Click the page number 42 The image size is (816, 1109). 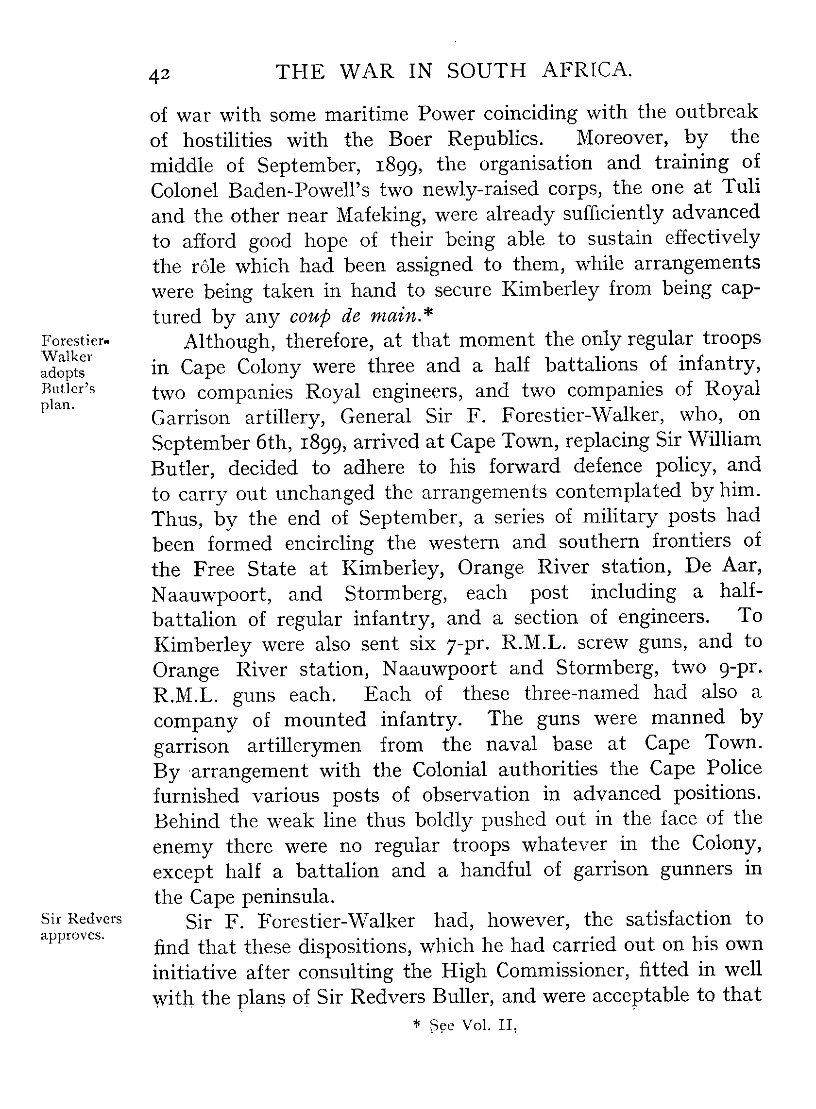pyautogui.click(x=159, y=75)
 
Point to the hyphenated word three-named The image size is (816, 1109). pyautogui.click(x=581, y=693)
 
